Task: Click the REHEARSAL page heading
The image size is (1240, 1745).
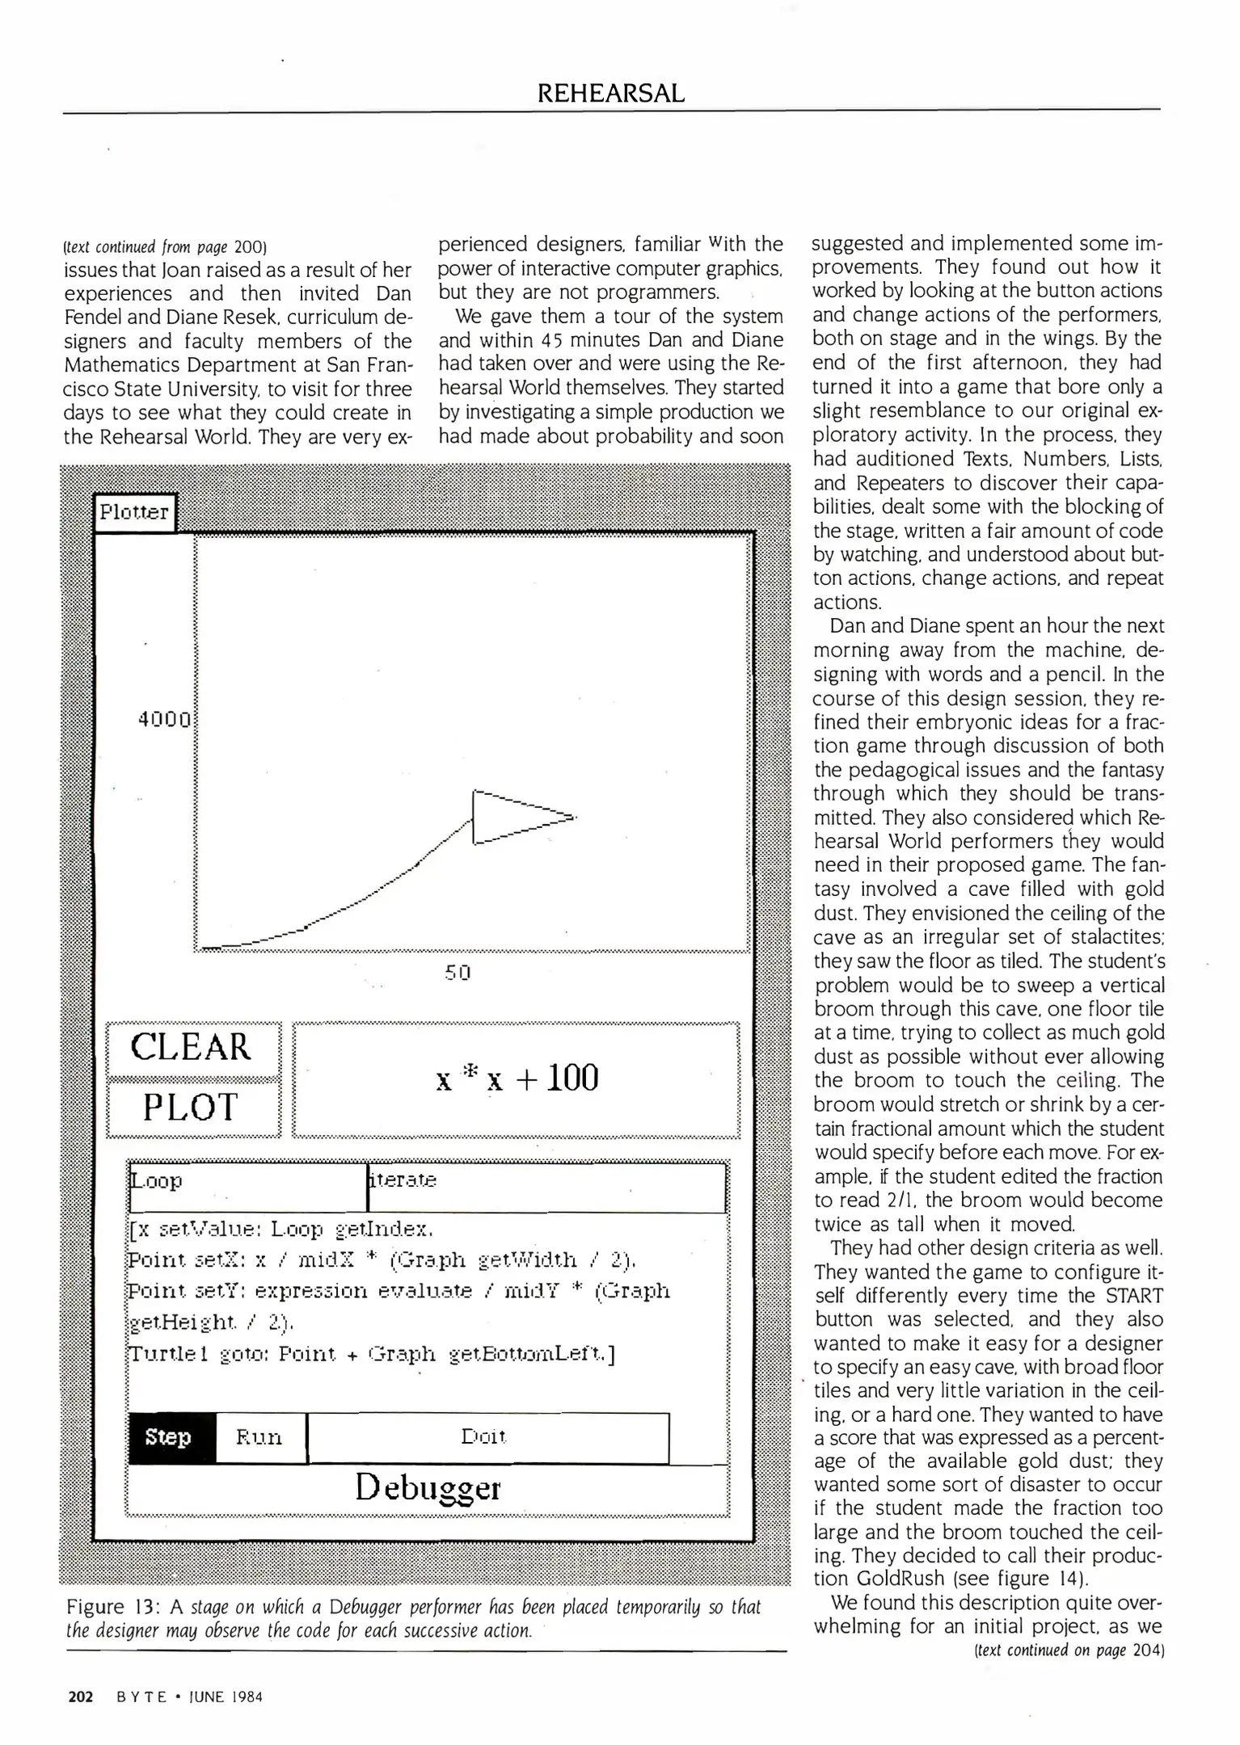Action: coord(611,94)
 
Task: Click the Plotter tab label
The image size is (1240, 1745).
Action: coord(134,512)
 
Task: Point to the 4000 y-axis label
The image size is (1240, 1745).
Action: coord(165,719)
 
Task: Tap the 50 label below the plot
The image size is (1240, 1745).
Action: coord(458,973)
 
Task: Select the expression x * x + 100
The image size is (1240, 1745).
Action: coord(517,1079)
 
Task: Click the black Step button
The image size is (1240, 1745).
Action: coord(169,1437)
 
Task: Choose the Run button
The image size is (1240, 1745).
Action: coord(259,1437)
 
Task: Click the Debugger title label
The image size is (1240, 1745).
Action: coord(428,1488)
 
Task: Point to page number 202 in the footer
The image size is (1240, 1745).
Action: coord(81,1697)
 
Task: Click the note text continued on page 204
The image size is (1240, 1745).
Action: coord(1069,1650)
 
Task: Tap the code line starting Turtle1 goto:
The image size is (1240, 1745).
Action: coord(372,1354)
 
